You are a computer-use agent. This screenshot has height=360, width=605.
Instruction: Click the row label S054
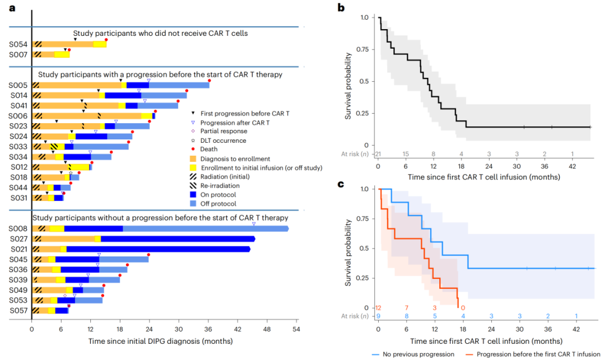[x=16, y=44]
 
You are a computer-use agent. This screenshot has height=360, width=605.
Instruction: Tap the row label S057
[x=16, y=310]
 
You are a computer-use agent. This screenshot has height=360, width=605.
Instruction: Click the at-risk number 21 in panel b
[x=379, y=154]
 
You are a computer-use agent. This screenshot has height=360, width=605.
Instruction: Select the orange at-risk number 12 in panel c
[x=379, y=307]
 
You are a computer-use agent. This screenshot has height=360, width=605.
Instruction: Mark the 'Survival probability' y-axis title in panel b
[x=348, y=81]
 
